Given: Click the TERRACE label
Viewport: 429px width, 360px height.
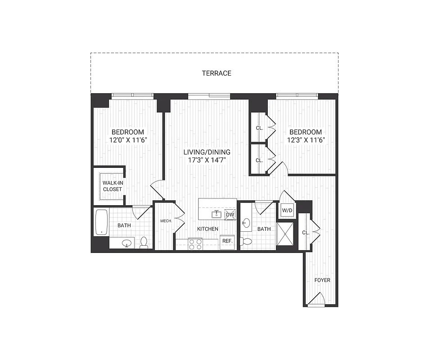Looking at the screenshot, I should tap(217, 73).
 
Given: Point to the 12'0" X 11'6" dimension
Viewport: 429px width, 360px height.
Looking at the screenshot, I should tap(128, 140).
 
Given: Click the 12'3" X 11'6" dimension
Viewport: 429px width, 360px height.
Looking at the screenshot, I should tap(305, 140).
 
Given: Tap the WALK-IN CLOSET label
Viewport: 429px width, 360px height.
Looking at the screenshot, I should tap(112, 186).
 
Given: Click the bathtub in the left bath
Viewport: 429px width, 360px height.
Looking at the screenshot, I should tap(101, 222).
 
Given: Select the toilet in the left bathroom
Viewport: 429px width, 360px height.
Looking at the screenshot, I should tap(144, 243).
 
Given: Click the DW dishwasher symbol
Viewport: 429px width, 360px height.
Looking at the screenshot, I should tap(230, 215).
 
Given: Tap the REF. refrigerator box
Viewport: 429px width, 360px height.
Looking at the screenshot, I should tap(227, 241).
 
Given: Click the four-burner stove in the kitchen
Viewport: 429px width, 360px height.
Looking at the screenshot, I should tap(195, 244).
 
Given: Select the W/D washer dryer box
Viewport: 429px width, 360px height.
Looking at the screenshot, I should tap(287, 210).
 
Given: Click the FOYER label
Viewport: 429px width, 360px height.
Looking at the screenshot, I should tap(322, 280).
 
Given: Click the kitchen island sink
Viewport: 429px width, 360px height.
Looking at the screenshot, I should tap(217, 214).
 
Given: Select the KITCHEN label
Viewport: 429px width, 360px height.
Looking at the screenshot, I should tap(208, 229).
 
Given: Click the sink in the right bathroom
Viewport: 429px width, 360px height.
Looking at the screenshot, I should tap(246, 223).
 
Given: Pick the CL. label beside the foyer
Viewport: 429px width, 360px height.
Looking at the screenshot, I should tap(305, 233).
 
